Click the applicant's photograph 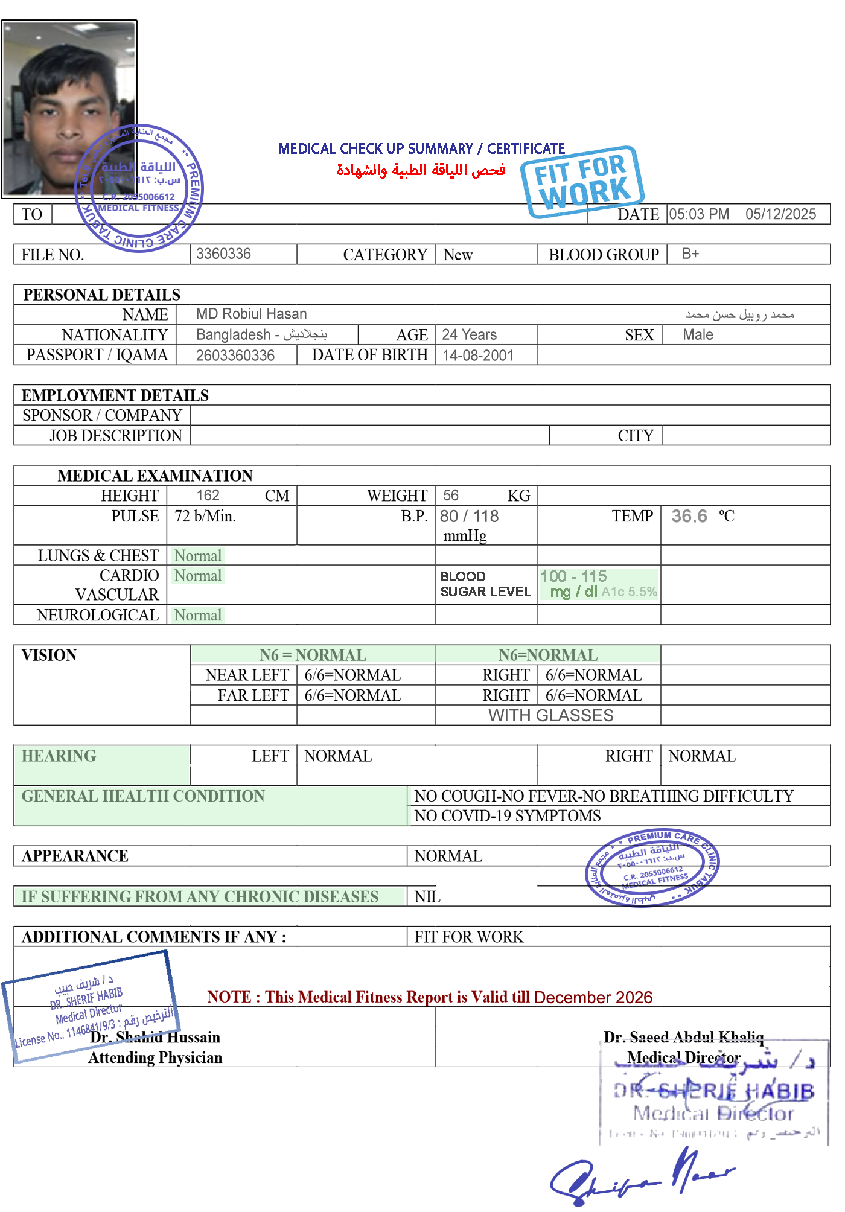tap(69, 109)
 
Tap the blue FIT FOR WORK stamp tap(582, 180)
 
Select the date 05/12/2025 tap(780, 214)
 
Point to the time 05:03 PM tap(699, 214)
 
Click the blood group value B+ tap(690, 254)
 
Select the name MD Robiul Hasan tap(251, 314)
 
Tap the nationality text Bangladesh tap(233, 334)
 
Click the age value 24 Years tap(469, 334)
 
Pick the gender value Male tap(698, 334)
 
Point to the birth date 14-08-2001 tap(477, 356)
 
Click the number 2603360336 tap(235, 356)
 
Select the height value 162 tap(208, 496)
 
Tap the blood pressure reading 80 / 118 tap(470, 516)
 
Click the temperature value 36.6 tap(689, 516)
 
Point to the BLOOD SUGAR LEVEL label tap(485, 584)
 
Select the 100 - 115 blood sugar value tap(573, 576)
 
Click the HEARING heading tap(59, 756)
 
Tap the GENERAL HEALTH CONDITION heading tap(143, 796)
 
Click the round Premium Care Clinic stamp tap(652, 867)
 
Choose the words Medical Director tap(683, 1057)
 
